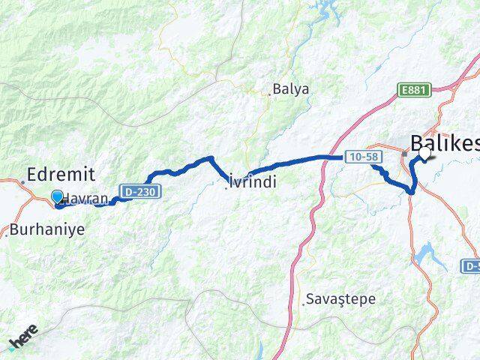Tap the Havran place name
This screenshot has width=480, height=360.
coord(88,199)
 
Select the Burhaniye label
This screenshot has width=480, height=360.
coord(48,229)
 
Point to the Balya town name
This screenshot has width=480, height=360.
coord(291,88)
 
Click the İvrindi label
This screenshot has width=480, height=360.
coord(253,181)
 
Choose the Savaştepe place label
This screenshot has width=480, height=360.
coord(340,298)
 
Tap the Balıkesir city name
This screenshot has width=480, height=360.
coord(445,142)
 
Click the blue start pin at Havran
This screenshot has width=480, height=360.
coord(57,197)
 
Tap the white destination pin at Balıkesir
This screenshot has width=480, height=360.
coord(427,152)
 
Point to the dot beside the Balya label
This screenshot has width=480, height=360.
coord(270,94)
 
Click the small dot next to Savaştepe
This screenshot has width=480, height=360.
coord(304,304)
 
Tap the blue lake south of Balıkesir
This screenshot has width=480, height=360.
coord(426,253)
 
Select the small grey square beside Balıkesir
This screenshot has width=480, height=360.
coord(404,154)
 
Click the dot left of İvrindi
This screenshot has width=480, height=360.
coord(226,187)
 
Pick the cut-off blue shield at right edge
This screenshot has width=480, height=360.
coord(471,265)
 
